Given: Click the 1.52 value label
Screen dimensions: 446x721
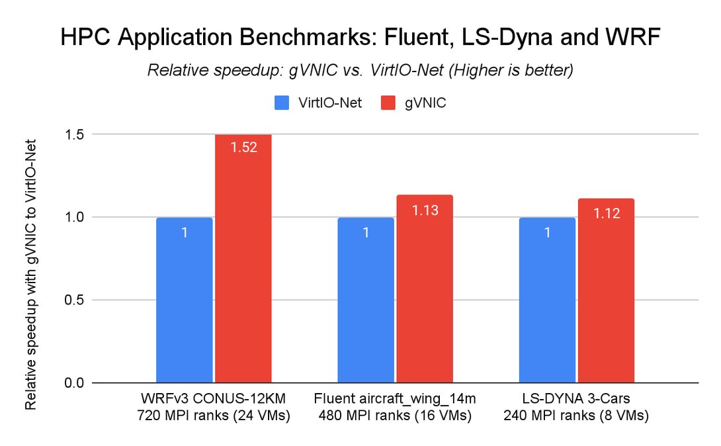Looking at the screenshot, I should click(243, 147).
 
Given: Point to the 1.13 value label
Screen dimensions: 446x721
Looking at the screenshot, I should click(425, 210).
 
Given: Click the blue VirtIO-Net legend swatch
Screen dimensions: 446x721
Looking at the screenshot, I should click(282, 103).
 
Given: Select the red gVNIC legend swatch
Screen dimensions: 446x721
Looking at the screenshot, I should click(386, 103).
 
